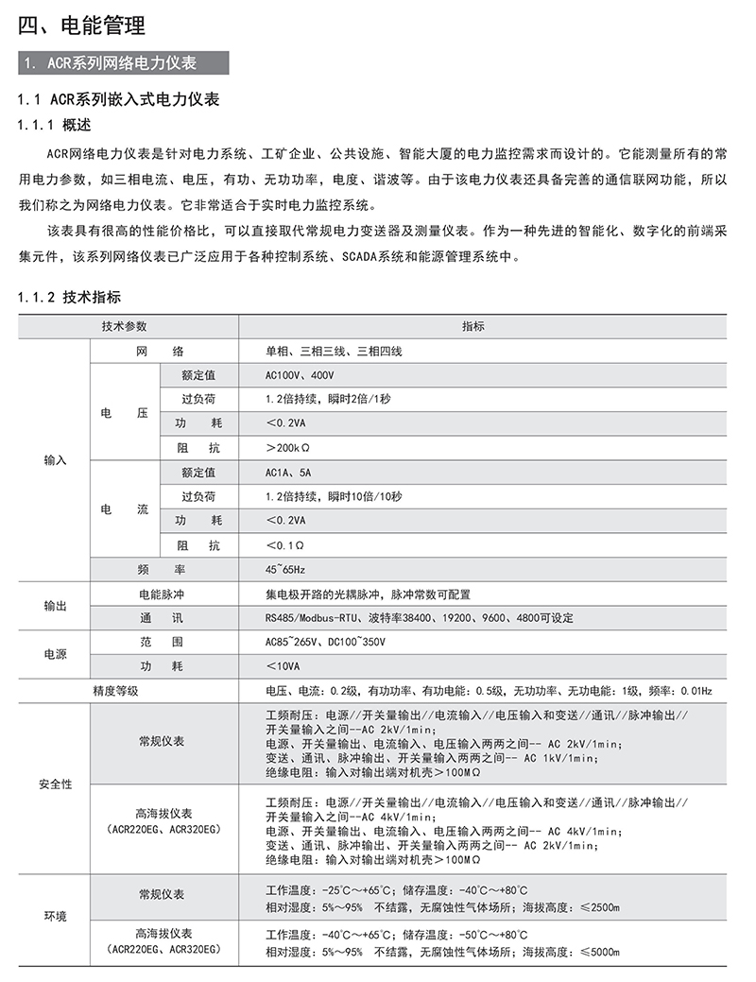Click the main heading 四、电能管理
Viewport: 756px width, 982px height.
pos(82,26)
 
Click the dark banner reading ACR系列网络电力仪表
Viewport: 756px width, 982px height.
pos(124,63)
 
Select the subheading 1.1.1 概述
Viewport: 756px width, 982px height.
pos(56,124)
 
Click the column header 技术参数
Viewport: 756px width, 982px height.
pos(125,326)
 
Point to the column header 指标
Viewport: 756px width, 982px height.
pos(472,326)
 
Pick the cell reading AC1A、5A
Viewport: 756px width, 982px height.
pos(288,472)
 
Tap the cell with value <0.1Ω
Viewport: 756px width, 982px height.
pos(285,545)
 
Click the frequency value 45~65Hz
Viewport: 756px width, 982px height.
pos(285,570)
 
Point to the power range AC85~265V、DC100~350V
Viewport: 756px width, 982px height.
pos(325,642)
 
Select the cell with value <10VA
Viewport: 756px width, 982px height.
pos(284,666)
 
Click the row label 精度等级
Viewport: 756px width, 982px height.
pos(115,691)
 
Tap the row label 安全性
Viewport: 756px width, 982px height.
pos(55,784)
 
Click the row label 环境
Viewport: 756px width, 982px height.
pos(55,916)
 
